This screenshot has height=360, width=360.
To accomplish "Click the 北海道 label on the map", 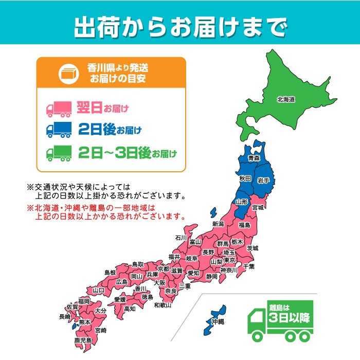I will coord(285,99).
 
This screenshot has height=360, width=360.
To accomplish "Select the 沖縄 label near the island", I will coord(218,321).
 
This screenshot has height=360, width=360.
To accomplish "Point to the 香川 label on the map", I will coord(140,289).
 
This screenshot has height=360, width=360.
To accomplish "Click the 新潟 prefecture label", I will coord(218,224).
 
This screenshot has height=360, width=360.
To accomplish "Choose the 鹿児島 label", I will coord(82,340).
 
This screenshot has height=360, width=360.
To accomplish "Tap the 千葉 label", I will coord(248,266).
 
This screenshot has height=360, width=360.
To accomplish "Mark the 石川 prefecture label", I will coord(180,238).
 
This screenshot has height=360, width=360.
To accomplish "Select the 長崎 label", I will coord(65,317).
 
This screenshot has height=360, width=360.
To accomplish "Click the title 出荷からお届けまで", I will coord(179,27).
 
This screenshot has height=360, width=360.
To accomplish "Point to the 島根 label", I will coord(110,272).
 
